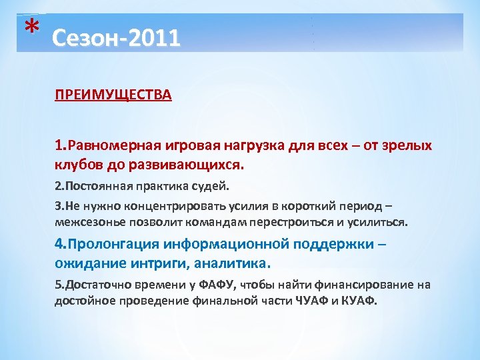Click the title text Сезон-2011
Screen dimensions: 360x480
tap(115, 38)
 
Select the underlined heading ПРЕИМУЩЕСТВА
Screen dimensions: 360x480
tap(113, 95)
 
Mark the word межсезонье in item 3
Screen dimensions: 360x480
tap(87, 221)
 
